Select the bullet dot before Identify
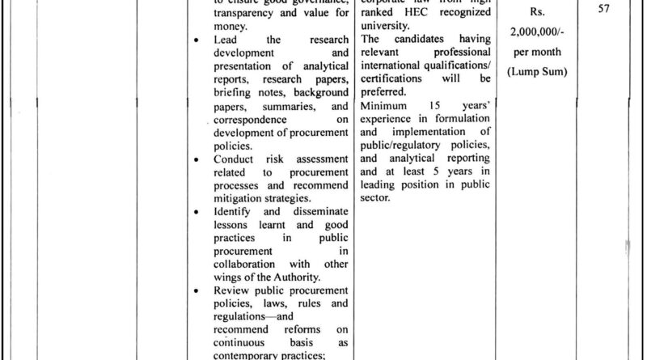pos(198,212)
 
